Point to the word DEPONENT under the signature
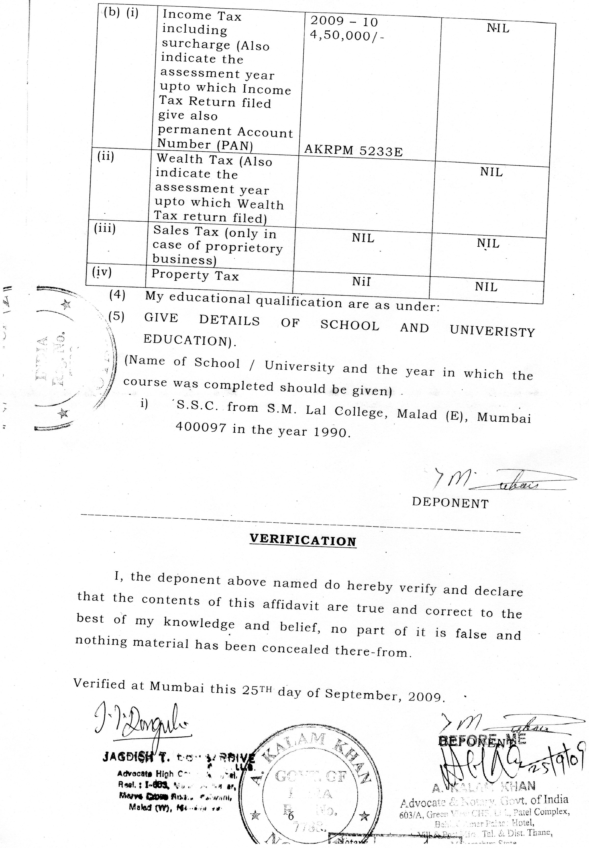tap(450, 503)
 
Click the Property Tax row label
tap(195, 275)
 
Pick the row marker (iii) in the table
tap(105, 229)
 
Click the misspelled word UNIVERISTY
tap(492, 331)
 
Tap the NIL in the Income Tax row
tap(498, 28)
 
